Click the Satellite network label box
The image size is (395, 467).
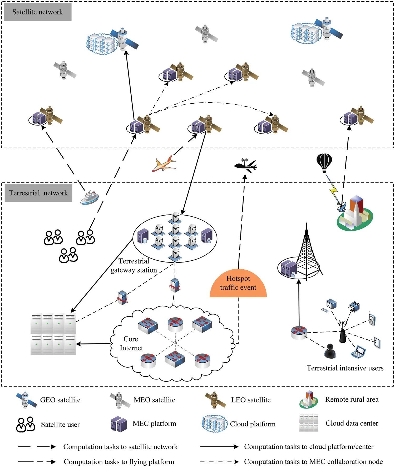38,12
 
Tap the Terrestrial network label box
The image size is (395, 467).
38,193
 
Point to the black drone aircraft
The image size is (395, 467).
245,166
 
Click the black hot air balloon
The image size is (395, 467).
324,162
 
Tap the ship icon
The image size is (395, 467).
90,197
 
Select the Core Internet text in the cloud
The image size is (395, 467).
131,343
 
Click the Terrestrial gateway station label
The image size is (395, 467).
134,265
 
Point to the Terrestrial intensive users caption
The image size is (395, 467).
345,368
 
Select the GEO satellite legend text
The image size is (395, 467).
60,400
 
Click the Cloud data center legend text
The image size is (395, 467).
352,423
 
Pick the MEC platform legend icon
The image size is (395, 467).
119,424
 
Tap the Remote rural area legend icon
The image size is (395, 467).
309,400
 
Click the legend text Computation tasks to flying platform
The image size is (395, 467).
119,462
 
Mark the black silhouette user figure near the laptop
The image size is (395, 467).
330,351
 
